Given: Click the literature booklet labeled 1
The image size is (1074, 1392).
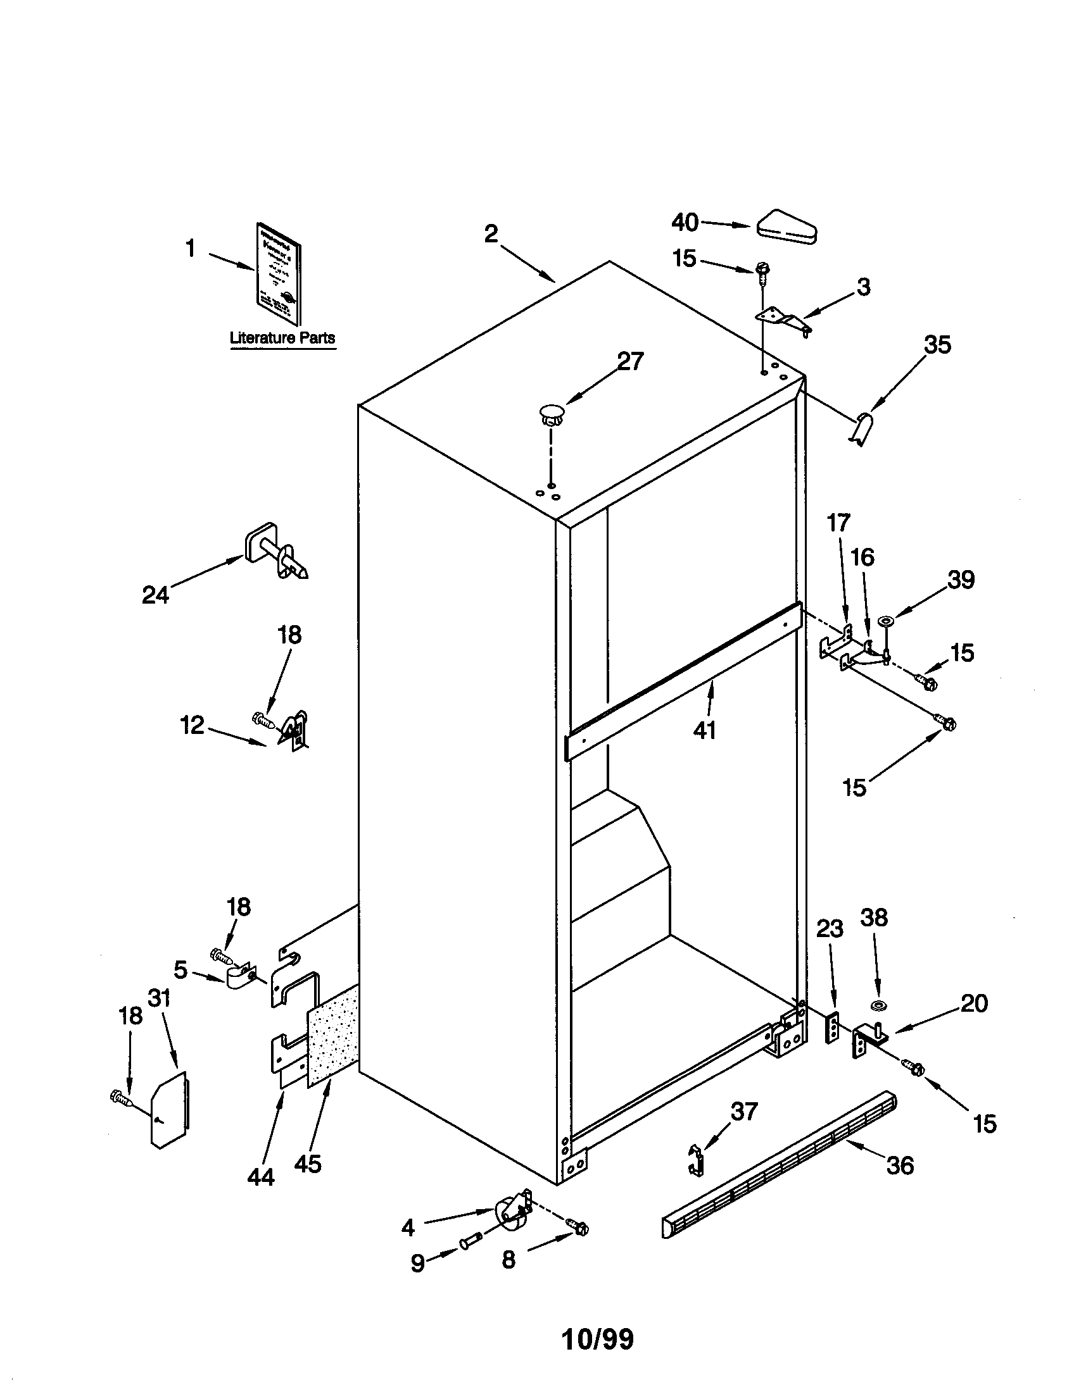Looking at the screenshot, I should [x=279, y=273].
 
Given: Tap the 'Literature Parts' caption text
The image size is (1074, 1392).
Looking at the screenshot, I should [x=282, y=338].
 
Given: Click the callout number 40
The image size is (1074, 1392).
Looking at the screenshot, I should [x=685, y=223].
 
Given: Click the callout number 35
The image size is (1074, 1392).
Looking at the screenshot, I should [x=937, y=345].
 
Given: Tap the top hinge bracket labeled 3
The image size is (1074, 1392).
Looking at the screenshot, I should [x=783, y=319].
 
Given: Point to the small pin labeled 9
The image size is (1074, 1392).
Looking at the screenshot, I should [x=469, y=1243].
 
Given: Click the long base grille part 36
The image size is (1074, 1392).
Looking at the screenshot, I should [x=778, y=1165].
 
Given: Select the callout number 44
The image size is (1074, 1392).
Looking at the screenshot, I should [x=261, y=1177].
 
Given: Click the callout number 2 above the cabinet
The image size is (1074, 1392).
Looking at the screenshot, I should [x=490, y=234].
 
